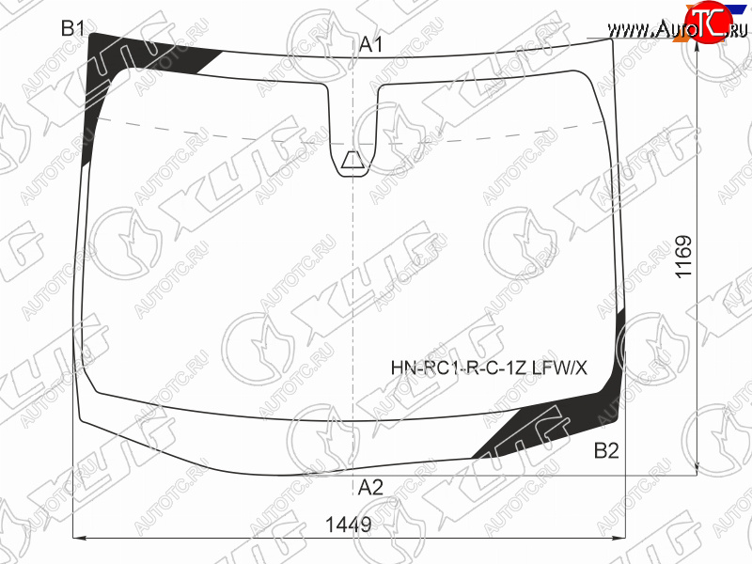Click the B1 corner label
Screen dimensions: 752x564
pos(72,28)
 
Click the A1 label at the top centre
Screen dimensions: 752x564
pos(370,44)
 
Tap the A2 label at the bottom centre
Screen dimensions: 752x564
pos(370,487)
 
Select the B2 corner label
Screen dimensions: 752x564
pos(606,450)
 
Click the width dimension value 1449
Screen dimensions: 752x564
pos(349,525)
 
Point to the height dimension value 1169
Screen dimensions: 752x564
pos(683,256)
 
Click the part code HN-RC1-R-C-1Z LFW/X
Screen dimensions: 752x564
pos(489,368)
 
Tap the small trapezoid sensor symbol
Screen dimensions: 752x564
pos(353,160)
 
